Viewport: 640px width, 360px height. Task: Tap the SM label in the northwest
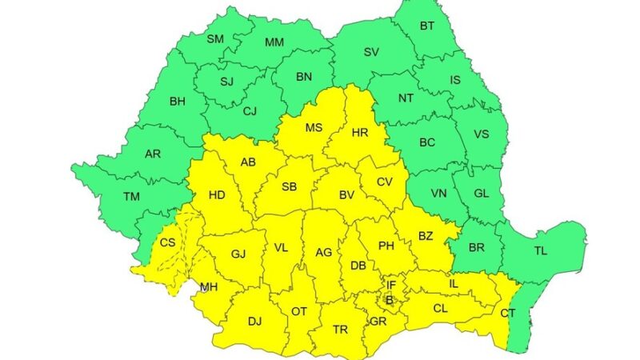pyautogui.click(x=215, y=38)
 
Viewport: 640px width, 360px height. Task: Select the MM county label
pyautogui.click(x=274, y=42)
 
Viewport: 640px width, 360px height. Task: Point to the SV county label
pyautogui.click(x=371, y=52)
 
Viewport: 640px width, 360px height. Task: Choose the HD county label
pyautogui.click(x=216, y=194)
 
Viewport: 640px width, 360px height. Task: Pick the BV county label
pyautogui.click(x=346, y=194)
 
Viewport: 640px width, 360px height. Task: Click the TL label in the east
pyautogui.click(x=542, y=251)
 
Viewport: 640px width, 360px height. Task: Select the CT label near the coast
pyautogui.click(x=508, y=313)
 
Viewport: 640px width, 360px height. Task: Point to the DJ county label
pyautogui.click(x=254, y=322)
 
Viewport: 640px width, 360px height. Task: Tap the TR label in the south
pyautogui.click(x=340, y=329)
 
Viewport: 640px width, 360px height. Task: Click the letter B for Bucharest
pyautogui.click(x=390, y=300)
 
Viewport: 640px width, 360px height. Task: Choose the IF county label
pyautogui.click(x=391, y=284)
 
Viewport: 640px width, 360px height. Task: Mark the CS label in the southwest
pyautogui.click(x=168, y=242)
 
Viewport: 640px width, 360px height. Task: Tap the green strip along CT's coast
pyautogui.click(x=520, y=324)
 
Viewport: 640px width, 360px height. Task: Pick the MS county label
pyautogui.click(x=314, y=127)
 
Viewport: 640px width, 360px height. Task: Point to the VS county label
pyautogui.click(x=482, y=134)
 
